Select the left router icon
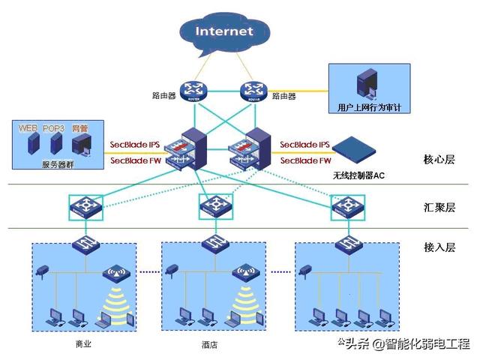194,91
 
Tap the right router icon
253,91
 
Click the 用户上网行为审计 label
369,107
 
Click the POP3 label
54,128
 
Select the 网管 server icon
80,145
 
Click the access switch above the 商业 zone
83,243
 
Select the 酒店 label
210,346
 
